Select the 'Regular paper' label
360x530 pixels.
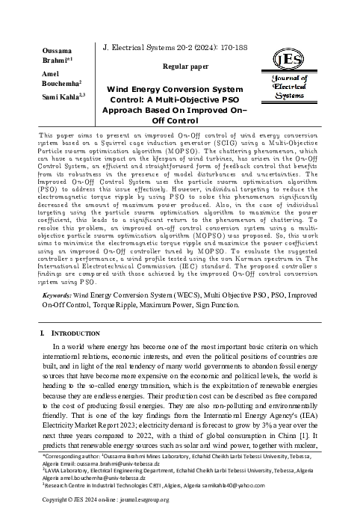184,67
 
